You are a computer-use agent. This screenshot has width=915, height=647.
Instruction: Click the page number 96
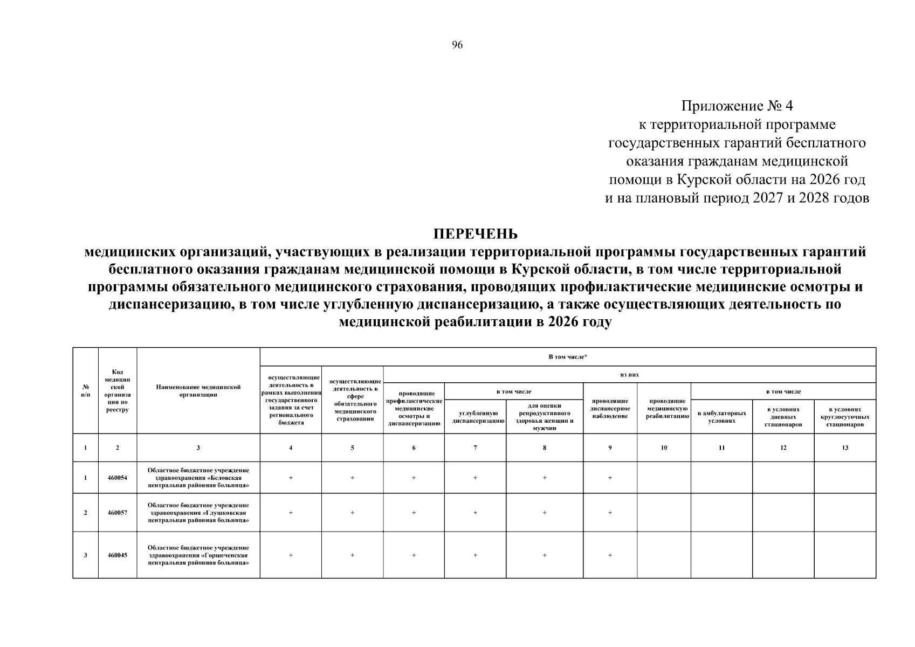pos(457,45)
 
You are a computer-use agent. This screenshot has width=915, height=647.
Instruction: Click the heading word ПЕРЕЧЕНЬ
pos(475,234)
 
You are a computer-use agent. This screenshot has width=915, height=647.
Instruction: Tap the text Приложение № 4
pos(737,106)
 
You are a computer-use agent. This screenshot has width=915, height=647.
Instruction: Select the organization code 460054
pos(118,478)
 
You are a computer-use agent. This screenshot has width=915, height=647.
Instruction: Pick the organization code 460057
pos(118,513)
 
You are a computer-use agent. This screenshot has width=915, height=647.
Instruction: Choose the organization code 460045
pos(118,555)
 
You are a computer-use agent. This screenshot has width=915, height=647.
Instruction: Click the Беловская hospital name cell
pos(198,478)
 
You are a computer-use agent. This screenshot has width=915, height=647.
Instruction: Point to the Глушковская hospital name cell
pos(198,513)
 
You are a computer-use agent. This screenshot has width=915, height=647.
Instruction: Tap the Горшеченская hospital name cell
pos(198,555)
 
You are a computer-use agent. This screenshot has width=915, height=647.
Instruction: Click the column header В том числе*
pos(567,357)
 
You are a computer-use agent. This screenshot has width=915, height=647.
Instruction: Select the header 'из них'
pos(629,375)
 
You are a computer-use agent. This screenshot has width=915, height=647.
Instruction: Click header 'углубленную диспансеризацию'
pos(475,417)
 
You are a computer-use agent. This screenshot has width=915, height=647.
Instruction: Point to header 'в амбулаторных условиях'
pos(721,417)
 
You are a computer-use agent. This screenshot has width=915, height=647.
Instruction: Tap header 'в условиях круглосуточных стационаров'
pos(845,417)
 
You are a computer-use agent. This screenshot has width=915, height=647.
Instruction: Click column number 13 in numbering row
pos(845,448)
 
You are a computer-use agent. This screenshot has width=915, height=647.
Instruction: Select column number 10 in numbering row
pos(664,448)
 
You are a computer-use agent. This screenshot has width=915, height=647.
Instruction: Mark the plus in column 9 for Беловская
pos(610,478)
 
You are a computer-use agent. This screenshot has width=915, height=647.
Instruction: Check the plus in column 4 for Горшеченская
pos(291,555)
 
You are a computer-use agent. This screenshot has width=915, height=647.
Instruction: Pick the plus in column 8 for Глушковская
pos(545,513)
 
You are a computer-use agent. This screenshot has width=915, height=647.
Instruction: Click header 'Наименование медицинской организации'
pos(198,391)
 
